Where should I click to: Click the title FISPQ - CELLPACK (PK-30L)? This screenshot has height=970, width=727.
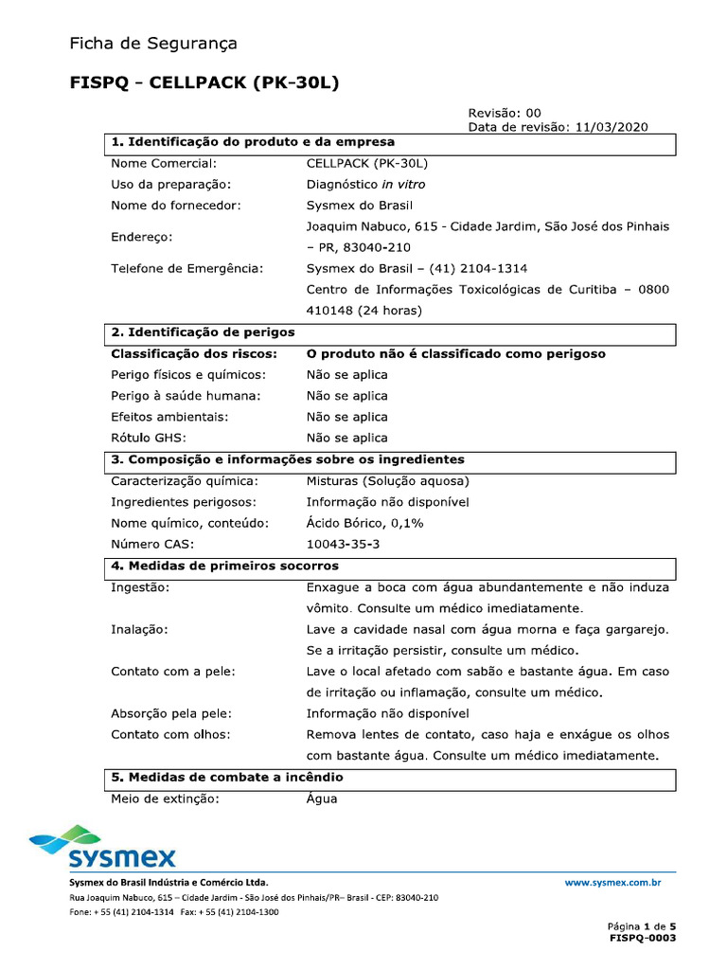204,83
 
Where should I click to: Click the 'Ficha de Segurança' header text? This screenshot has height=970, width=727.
152,44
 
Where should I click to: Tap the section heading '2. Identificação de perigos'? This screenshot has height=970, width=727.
203,332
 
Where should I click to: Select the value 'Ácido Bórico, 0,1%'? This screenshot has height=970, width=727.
364,523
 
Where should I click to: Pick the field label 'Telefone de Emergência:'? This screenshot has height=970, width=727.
186,268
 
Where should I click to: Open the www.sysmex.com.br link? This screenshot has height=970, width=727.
612,882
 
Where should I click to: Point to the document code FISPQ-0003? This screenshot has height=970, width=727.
643,938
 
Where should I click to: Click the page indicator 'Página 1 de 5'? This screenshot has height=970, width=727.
641,925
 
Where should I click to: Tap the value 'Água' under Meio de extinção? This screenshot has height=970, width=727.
322,799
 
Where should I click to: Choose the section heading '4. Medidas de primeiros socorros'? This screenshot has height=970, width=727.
224,566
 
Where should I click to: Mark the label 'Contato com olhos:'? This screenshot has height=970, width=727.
170,734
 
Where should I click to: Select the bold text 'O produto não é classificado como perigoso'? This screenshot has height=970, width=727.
455,353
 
